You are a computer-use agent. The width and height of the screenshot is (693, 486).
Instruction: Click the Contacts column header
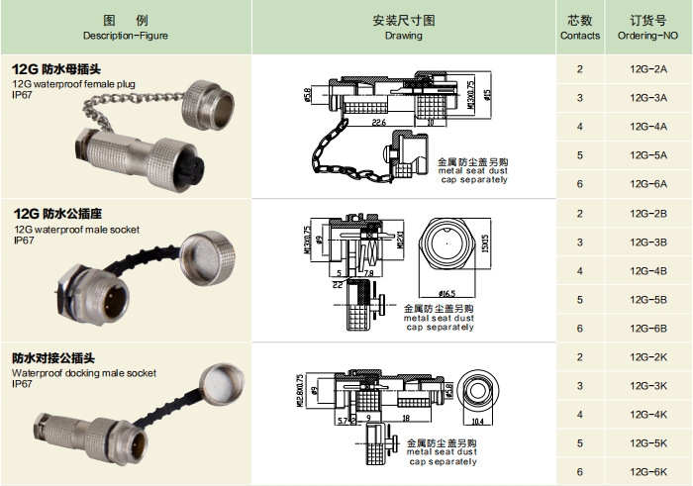(x=580, y=27)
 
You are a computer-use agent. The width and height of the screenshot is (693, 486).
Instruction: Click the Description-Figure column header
(x=126, y=27)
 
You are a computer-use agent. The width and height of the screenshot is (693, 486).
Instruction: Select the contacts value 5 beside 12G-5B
(x=580, y=300)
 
